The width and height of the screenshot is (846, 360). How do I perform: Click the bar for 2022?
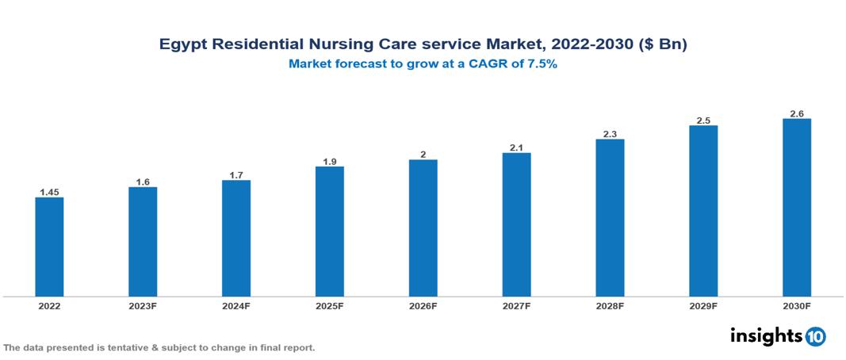point(49,247)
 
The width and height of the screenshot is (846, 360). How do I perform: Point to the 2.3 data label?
point(610,134)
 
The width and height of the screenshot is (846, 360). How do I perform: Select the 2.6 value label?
point(797,114)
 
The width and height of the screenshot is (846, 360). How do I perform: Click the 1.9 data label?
point(329,162)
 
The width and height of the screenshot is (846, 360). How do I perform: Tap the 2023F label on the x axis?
point(143,305)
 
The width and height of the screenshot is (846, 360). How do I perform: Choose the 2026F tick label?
point(423,305)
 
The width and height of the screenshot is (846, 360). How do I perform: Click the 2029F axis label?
point(703,305)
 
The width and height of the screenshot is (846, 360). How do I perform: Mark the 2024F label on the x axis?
point(236,305)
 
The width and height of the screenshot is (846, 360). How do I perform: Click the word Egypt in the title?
point(182,45)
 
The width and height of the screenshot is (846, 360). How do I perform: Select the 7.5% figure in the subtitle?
point(542,64)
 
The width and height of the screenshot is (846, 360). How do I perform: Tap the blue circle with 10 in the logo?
point(815,337)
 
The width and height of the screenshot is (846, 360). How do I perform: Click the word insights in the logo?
point(765,336)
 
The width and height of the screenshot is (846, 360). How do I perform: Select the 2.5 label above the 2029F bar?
point(703,121)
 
